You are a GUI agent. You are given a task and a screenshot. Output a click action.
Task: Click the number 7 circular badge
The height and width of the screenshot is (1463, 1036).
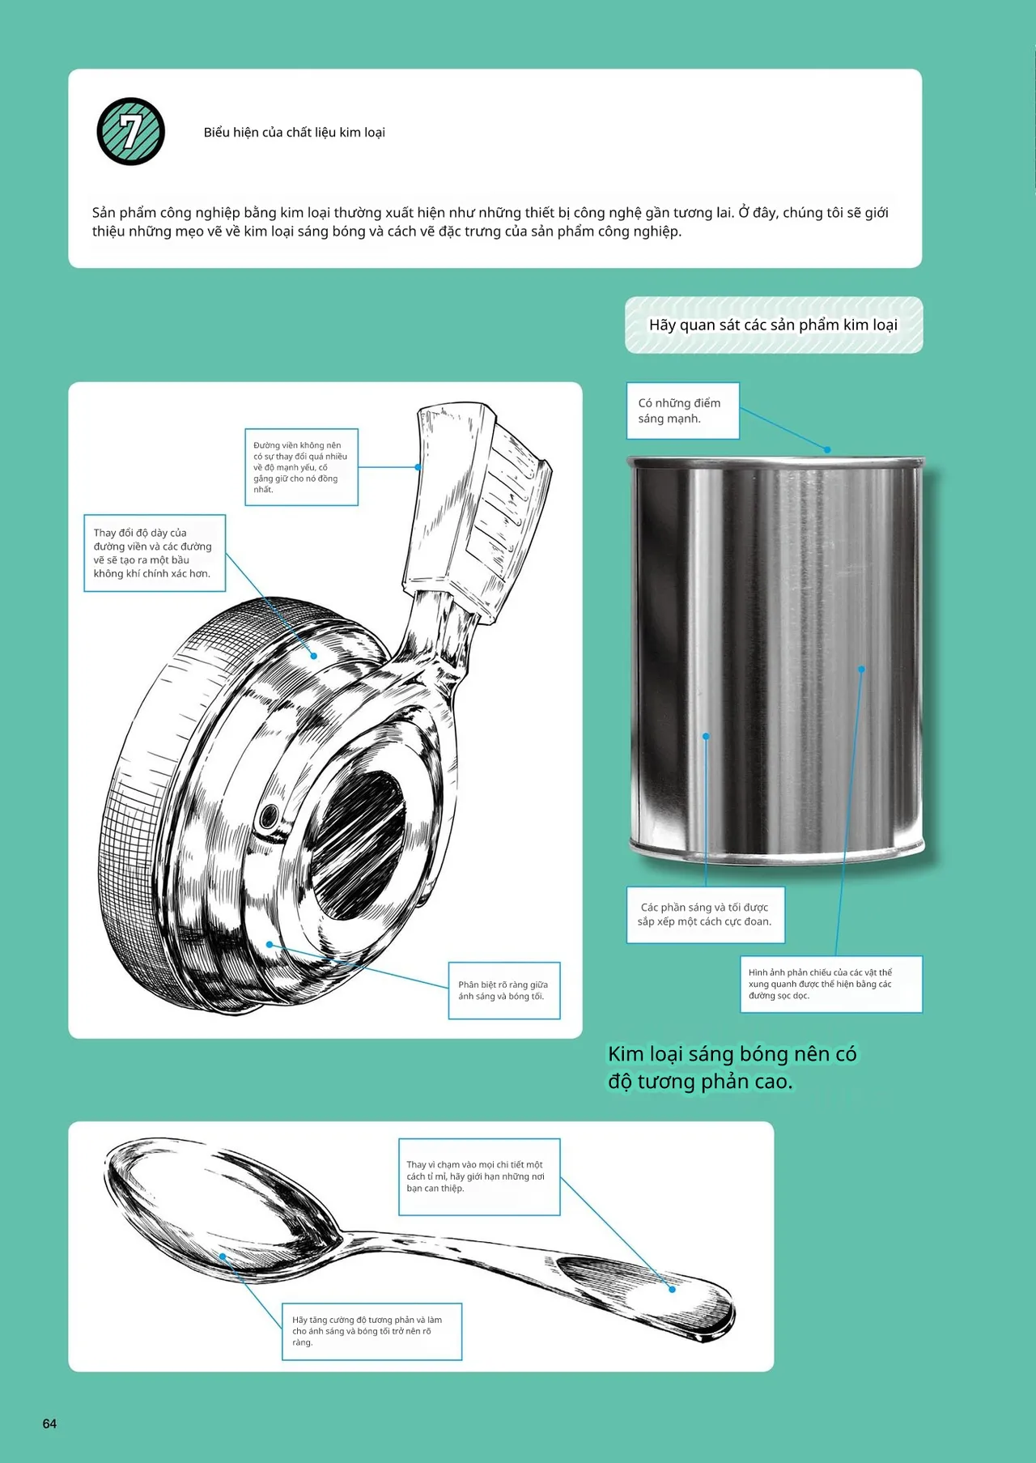point(131,132)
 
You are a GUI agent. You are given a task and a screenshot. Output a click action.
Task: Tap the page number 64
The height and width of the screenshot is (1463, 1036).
point(49,1423)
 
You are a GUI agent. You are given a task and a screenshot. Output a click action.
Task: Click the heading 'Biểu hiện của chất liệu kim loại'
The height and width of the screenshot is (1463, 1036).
point(295,132)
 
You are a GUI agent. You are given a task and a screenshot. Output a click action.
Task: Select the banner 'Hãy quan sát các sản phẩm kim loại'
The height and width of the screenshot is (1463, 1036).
point(774,325)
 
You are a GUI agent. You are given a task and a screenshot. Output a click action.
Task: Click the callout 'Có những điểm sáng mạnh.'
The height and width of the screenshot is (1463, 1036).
point(683,410)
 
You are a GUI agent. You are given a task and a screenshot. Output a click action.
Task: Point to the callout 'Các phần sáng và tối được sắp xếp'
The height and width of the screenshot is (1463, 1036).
point(705,914)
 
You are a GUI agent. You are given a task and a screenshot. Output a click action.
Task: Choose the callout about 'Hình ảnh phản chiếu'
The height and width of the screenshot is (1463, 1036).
point(831,984)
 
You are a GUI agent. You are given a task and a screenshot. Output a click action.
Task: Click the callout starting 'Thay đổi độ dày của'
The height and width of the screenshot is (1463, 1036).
point(155,553)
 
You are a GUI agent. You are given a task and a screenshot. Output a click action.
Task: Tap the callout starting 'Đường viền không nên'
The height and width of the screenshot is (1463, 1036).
point(301,467)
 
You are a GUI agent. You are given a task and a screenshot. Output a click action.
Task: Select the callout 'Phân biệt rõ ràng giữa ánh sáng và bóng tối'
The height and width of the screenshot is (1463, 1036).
point(504,990)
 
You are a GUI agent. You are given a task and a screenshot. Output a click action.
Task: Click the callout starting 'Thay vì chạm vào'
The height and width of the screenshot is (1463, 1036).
point(479,1176)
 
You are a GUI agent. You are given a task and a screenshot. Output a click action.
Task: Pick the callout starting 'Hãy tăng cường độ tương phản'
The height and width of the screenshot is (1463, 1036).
point(372,1331)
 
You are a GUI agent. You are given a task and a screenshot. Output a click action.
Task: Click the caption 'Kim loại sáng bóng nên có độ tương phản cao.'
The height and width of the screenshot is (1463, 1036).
point(732,1067)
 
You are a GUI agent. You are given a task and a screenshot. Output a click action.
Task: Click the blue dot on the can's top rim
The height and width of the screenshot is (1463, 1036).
point(827,449)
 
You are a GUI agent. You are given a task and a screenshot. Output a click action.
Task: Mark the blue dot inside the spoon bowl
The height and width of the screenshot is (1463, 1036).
point(223,1257)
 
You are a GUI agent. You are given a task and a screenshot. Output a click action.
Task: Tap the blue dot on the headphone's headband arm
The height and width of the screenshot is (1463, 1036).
point(418,467)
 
